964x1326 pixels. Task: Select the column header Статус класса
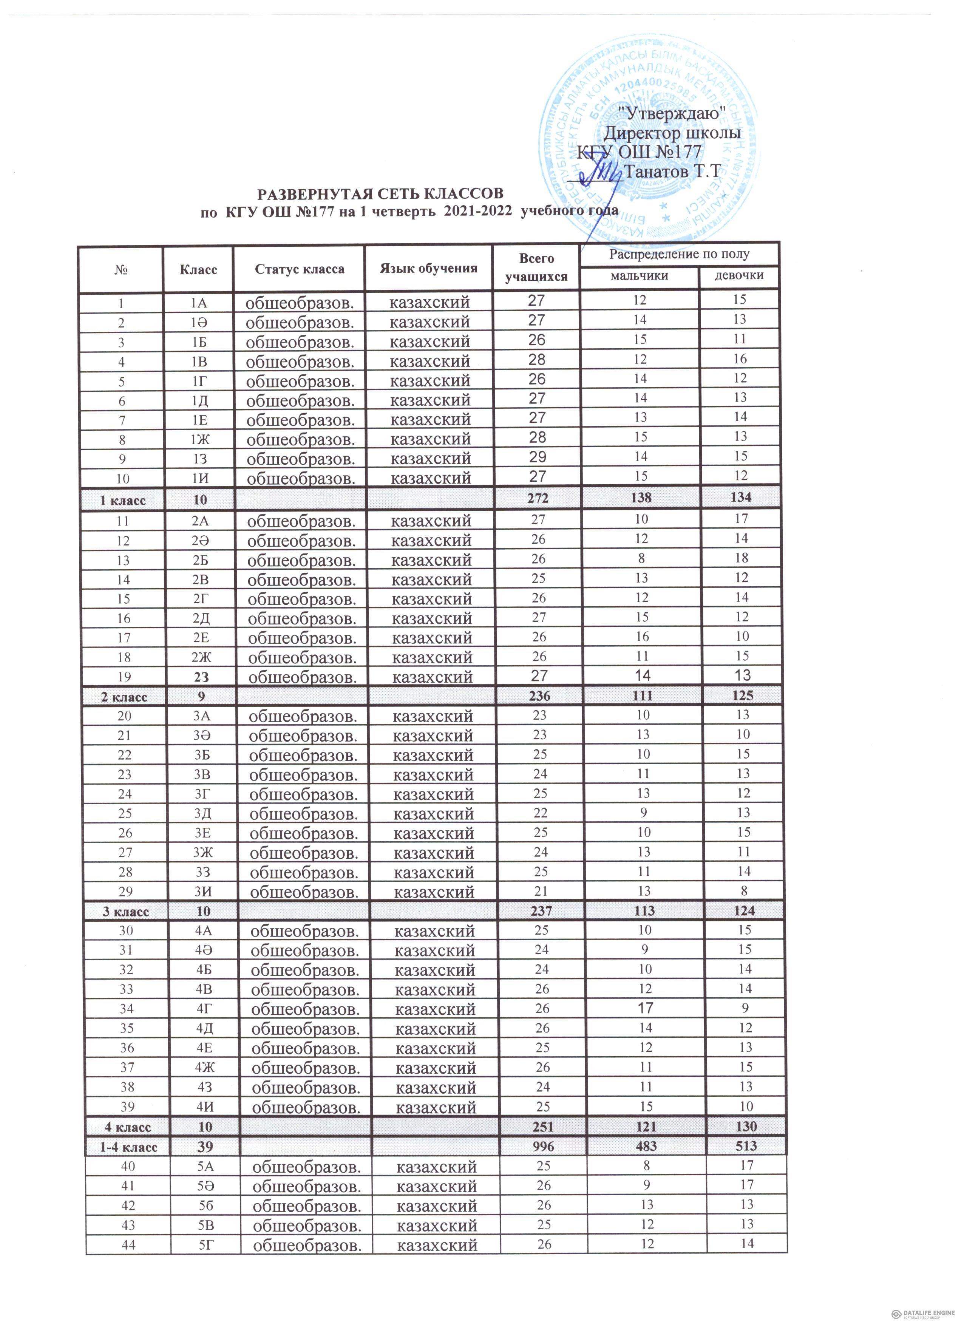pyautogui.click(x=299, y=269)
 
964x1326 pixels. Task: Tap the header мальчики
pyautogui.click(x=639, y=275)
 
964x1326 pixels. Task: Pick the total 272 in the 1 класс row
pyautogui.click(x=537, y=498)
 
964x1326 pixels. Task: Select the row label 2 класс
pyautogui.click(x=124, y=697)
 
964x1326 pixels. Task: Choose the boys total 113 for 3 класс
pyautogui.click(x=643, y=910)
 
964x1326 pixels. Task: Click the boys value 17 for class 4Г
pyautogui.click(x=645, y=1008)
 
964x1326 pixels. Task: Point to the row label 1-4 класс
pyautogui.click(x=128, y=1147)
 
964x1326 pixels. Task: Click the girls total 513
pyautogui.click(x=746, y=1146)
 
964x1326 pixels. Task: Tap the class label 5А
pyautogui.click(x=206, y=1167)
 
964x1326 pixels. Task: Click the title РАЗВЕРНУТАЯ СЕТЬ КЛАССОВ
pyautogui.click(x=380, y=193)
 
